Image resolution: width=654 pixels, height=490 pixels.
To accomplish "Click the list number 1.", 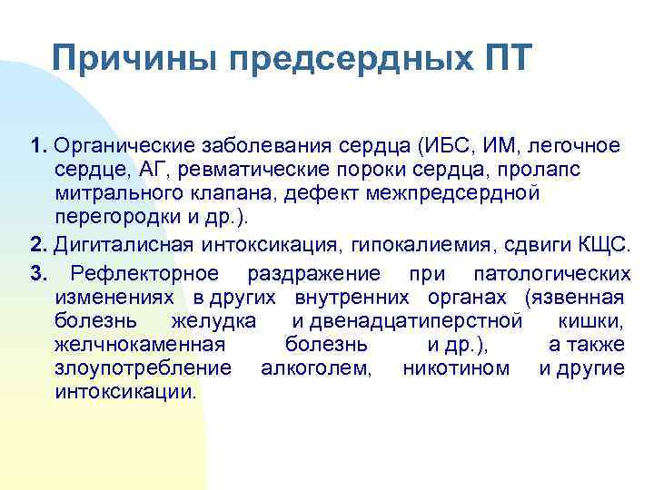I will [x=36, y=147].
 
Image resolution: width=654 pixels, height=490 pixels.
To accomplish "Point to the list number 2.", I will [x=36, y=243].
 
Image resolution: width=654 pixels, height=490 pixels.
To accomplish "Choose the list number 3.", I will [x=36, y=273].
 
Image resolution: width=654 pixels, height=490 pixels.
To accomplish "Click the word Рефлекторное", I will [x=144, y=273].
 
